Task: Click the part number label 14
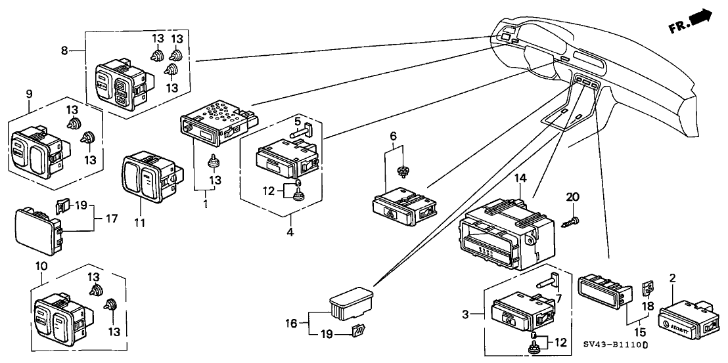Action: click(x=521, y=178)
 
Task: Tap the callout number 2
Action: click(x=671, y=277)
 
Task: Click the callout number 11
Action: click(x=139, y=223)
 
